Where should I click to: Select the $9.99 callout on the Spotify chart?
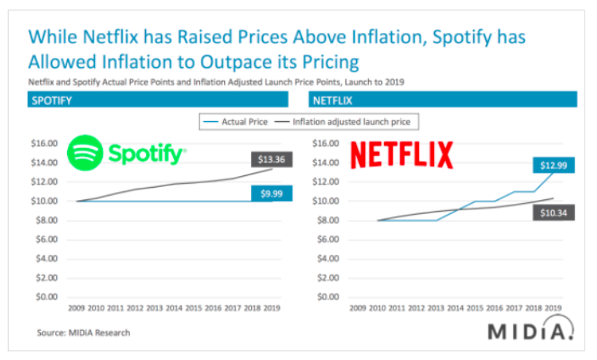(x=267, y=194)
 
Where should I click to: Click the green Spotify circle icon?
(x=85, y=153)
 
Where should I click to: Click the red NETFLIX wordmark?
(x=402, y=155)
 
